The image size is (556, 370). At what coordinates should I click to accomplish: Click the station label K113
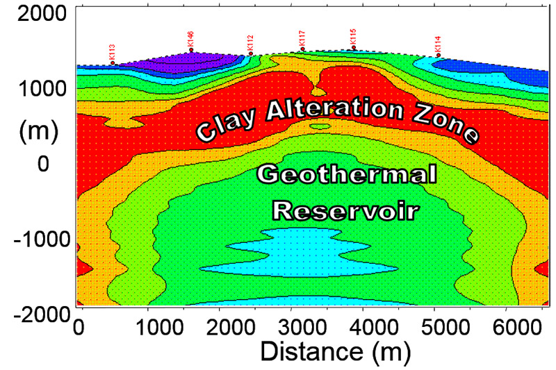point(113,52)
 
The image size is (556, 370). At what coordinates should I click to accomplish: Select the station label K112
point(251,43)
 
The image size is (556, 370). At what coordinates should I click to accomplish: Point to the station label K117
point(302,39)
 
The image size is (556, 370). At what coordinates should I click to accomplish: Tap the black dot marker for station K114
point(439,56)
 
